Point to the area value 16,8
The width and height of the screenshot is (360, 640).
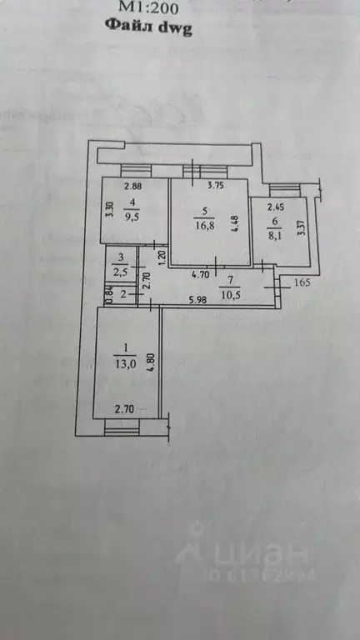[x=202, y=222]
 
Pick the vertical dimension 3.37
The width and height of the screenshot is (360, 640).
[x=302, y=228]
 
